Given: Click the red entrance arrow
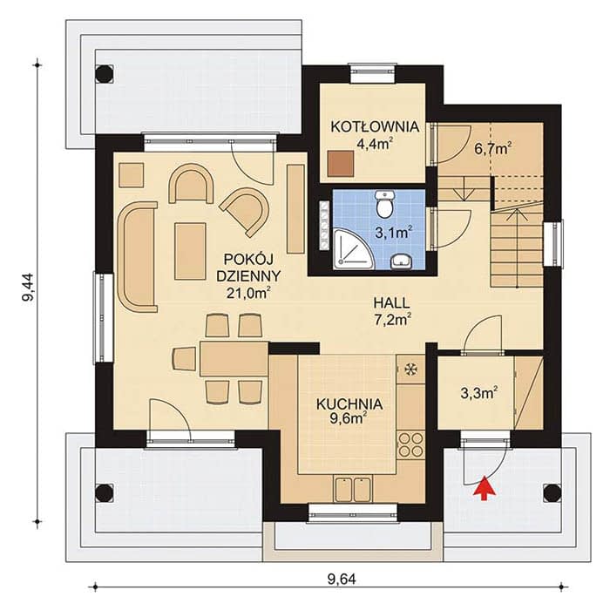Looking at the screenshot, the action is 482,487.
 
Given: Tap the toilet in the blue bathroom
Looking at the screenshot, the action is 384,203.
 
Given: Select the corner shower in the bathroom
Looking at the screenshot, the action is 352,249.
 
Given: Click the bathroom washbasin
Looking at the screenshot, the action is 400,261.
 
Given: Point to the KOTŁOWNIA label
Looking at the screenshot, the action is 375,127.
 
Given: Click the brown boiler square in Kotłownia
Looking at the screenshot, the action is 341,164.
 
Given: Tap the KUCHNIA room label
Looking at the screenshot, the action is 349,404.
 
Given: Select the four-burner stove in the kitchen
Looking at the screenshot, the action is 410,444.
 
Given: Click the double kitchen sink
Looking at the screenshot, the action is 353,489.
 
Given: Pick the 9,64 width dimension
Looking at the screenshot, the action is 342,580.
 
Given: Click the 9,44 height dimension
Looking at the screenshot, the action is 28,287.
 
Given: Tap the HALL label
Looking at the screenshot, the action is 391,302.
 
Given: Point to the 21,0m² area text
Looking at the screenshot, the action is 248,293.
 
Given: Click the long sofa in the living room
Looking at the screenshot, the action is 137,257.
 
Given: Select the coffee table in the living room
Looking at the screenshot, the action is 190,251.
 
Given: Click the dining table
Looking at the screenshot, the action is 234,359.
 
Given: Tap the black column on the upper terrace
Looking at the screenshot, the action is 104,73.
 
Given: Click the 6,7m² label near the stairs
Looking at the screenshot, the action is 493,148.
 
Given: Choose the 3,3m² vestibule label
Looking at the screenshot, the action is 479,393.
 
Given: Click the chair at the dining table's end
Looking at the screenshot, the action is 184,359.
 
